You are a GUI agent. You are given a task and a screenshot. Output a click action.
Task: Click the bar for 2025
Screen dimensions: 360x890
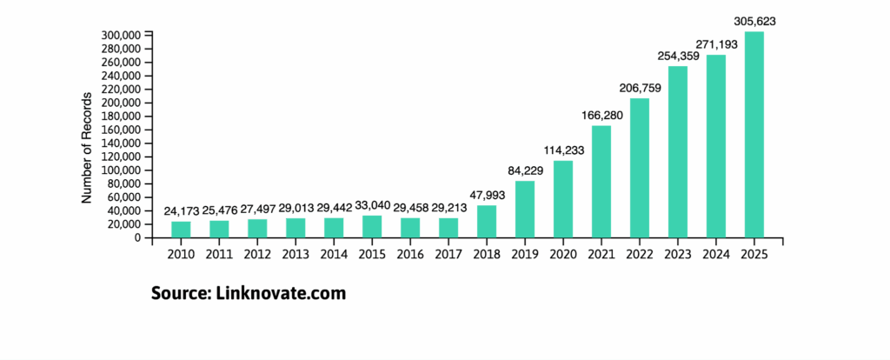(754, 135)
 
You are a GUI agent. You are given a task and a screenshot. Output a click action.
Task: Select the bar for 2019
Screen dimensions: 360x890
(524, 209)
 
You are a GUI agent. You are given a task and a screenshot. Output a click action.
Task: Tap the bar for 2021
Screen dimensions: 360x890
(601, 181)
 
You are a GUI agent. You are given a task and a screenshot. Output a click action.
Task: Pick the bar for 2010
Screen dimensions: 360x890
(181, 230)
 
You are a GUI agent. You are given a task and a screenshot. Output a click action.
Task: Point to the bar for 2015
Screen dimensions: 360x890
(372, 226)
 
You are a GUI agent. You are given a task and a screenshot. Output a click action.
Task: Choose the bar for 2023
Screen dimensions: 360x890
(677, 151)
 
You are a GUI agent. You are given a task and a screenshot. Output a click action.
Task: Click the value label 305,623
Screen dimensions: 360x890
(754, 21)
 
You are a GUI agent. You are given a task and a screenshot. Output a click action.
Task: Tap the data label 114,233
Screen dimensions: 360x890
(563, 150)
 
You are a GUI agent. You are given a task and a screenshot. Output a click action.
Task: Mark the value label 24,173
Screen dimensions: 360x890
(181, 211)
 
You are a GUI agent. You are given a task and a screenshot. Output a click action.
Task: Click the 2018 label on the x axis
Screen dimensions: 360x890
(487, 255)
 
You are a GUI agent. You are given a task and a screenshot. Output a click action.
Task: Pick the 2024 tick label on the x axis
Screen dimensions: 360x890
(715, 255)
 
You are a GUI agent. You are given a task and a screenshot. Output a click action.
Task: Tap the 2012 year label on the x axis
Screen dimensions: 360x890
(257, 255)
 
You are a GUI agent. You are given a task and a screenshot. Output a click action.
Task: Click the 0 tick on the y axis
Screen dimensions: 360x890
(136, 237)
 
